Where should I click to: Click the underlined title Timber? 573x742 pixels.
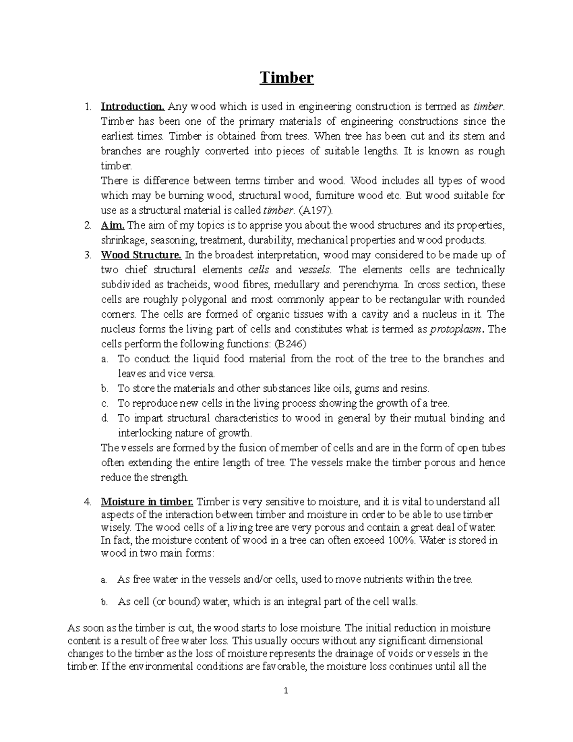286,77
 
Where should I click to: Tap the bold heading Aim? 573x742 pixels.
113,225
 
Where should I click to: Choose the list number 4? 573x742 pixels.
87,502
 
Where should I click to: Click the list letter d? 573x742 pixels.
105,419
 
